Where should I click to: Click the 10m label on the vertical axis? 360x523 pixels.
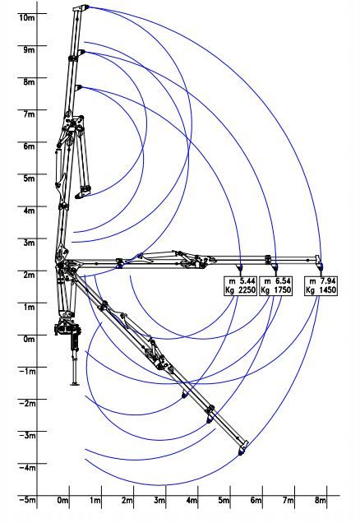click(26, 17)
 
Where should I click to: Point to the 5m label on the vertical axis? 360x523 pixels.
click(29, 178)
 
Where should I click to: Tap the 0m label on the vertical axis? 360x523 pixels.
click(29, 340)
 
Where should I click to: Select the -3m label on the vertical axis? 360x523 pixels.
click(26, 436)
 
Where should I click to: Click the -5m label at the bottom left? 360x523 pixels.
click(26, 500)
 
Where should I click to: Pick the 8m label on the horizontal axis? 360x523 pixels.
click(321, 500)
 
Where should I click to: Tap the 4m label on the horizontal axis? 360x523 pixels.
click(192, 500)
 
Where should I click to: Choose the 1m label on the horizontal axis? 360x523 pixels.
click(95, 500)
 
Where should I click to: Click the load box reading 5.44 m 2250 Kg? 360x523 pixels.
click(240, 286)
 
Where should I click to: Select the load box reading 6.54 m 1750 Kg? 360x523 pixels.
click(275, 286)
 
